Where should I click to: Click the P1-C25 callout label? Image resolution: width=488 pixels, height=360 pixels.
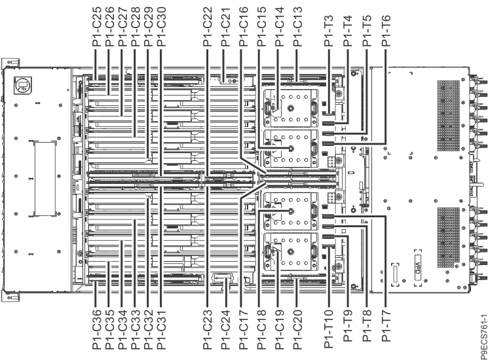click(x=98, y=27)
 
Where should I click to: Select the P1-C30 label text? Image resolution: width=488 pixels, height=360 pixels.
click(x=161, y=27)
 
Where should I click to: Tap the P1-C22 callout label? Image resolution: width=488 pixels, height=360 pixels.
click(x=208, y=27)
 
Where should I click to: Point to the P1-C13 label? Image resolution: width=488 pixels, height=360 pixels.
click(x=298, y=27)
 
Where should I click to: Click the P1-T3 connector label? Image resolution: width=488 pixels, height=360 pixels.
click(x=329, y=31)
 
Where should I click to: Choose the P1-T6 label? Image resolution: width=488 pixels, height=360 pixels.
click(x=386, y=31)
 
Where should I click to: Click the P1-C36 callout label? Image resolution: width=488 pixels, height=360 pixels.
click(x=97, y=329)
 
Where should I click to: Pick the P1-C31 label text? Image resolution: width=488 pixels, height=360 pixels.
click(x=161, y=329)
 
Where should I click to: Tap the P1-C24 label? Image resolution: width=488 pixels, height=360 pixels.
click(x=225, y=329)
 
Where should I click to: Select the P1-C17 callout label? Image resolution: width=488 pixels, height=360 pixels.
click(x=244, y=329)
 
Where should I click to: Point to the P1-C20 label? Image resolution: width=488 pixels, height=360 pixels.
click(x=298, y=329)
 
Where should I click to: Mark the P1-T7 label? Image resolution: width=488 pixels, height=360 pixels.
click(x=386, y=326)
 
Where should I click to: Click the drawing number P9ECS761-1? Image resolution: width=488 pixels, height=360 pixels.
click(x=483, y=337)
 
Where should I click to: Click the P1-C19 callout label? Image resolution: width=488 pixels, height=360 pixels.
click(x=280, y=329)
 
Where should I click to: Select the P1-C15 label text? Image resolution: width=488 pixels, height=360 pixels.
click(x=262, y=27)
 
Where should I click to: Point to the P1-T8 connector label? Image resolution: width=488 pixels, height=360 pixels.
click(x=367, y=326)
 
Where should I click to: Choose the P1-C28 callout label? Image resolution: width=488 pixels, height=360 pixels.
click(x=136, y=27)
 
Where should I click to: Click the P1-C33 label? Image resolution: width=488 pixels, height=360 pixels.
click(x=136, y=329)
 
